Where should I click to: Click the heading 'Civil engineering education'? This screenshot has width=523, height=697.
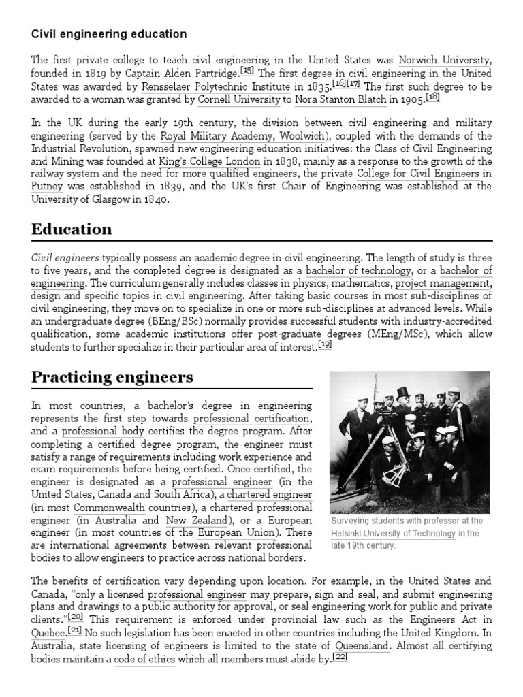pyautogui.click(x=109, y=34)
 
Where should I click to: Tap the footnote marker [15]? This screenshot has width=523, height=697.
pyautogui.click(x=247, y=71)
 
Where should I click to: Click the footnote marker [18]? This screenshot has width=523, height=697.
pyautogui.click(x=432, y=97)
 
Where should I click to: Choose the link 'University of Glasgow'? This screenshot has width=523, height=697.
pyautogui.click(x=80, y=200)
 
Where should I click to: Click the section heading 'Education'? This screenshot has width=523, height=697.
pyautogui.click(x=72, y=230)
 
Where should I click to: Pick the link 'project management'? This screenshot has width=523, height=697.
pyautogui.click(x=443, y=283)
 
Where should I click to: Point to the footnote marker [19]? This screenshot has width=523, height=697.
pyautogui.click(x=325, y=345)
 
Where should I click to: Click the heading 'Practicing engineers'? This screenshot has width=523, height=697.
pyautogui.click(x=112, y=377)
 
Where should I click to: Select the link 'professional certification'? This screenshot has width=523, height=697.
pyautogui.click(x=252, y=418)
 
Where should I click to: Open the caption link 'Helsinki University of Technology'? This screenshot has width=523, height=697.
pyautogui.click(x=394, y=534)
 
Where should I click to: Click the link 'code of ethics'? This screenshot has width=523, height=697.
pyautogui.click(x=144, y=659)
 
